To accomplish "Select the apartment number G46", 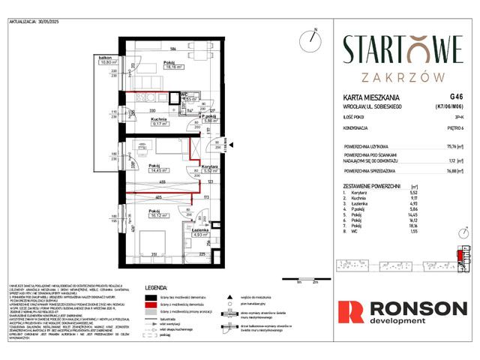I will point(456,97).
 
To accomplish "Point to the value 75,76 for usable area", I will point(454,147).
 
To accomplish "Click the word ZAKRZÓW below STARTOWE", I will point(402,76).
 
